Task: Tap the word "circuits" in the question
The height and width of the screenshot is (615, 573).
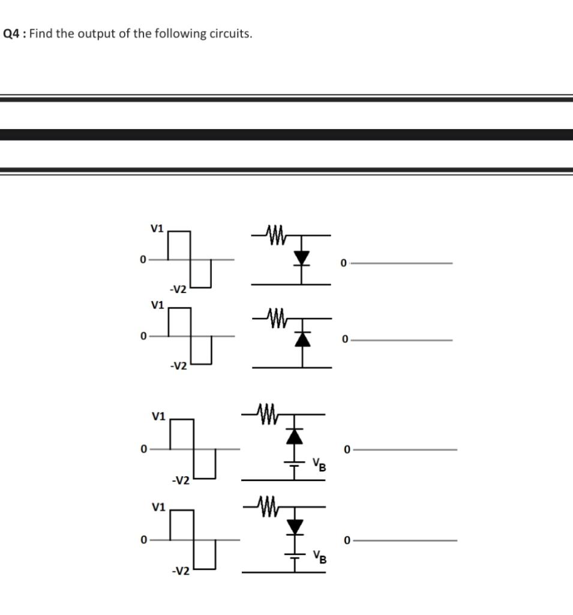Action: (229, 34)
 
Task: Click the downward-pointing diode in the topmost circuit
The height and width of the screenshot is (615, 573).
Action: (301, 258)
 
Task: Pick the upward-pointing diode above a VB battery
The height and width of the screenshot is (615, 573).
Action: (294, 435)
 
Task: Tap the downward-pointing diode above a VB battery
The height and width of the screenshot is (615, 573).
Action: (294, 527)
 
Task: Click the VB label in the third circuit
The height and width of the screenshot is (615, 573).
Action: (318, 465)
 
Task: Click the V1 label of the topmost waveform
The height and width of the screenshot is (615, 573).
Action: (157, 228)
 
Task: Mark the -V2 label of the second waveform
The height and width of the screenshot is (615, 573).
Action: (178, 366)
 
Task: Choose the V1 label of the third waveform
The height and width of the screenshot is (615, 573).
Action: (158, 416)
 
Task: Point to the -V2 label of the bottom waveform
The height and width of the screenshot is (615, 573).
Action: (180, 571)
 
